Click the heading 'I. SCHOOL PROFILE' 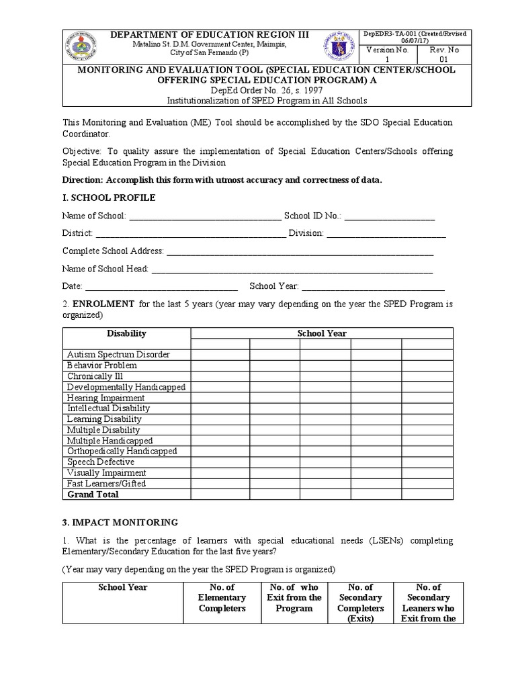[x=109, y=198]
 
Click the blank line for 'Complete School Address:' [x=299, y=251]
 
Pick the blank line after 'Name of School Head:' [x=292, y=269]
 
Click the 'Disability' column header [x=126, y=333]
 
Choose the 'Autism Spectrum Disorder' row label [x=118, y=355]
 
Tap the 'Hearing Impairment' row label [x=105, y=398]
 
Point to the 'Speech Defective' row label [x=101, y=462]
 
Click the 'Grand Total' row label [x=93, y=494]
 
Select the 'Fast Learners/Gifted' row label [x=106, y=484]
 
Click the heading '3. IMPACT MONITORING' [x=120, y=522]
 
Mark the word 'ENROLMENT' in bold [x=103, y=304]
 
